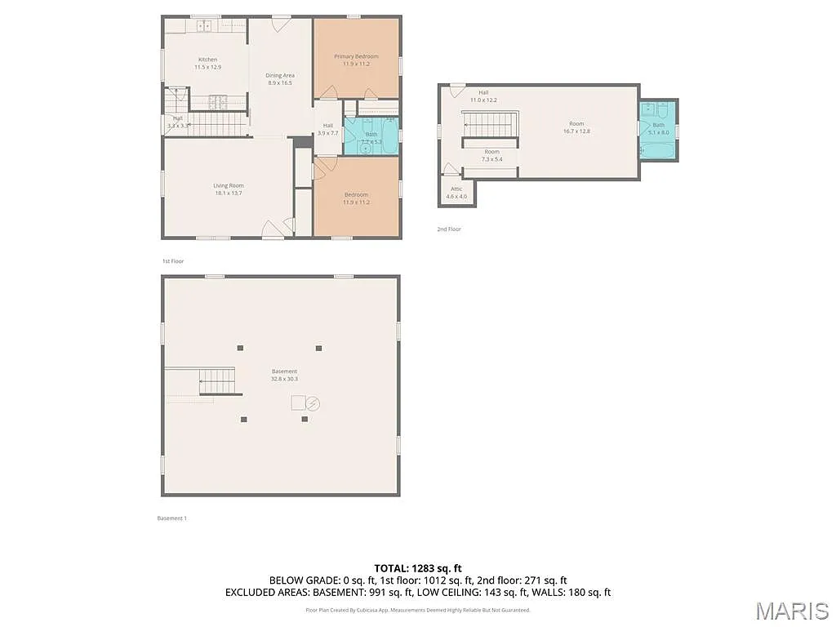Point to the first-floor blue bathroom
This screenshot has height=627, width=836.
[x=371, y=136]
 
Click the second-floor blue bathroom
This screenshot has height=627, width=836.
[x=658, y=130]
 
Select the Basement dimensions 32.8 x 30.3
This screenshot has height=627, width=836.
[x=284, y=379]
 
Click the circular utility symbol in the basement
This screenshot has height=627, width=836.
[x=313, y=403]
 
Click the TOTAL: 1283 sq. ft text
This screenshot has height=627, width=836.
[x=418, y=567]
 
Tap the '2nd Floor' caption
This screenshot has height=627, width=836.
[x=448, y=229]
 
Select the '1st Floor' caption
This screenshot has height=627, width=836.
[x=173, y=261]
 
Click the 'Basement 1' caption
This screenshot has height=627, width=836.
[x=171, y=518]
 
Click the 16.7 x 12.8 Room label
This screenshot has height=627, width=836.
[x=576, y=127]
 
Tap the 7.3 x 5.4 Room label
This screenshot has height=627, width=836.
[x=491, y=155]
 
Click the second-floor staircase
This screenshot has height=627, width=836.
[x=491, y=125]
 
